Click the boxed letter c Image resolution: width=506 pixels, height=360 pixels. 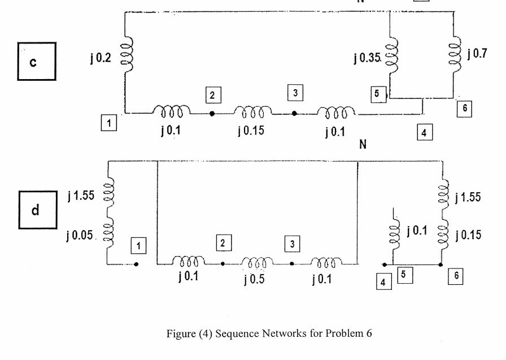(x=36, y=61)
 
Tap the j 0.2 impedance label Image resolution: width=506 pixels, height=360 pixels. (x=101, y=58)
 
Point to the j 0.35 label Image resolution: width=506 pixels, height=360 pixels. (x=367, y=58)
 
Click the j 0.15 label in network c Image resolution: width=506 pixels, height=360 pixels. (x=251, y=131)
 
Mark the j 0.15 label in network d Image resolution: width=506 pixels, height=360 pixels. (x=468, y=235)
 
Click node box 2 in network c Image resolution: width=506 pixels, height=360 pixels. (x=212, y=95)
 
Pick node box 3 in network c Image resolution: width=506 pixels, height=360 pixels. (x=294, y=92)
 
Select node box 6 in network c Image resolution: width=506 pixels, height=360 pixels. (x=464, y=109)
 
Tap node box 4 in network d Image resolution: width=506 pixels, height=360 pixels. (x=384, y=281)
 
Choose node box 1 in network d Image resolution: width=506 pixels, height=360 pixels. (x=138, y=245)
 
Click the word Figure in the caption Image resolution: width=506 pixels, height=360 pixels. (x=180, y=333)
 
